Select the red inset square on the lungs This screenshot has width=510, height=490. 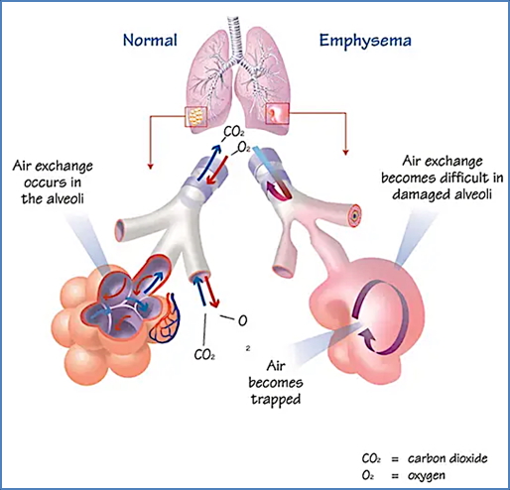click(276, 116)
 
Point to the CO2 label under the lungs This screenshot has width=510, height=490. click(235, 131)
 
